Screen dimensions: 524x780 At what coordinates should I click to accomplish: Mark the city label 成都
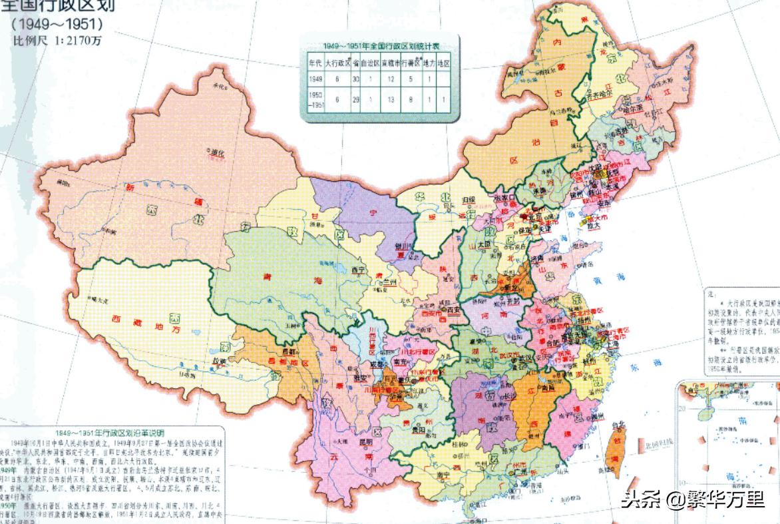click(x=376, y=365)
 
